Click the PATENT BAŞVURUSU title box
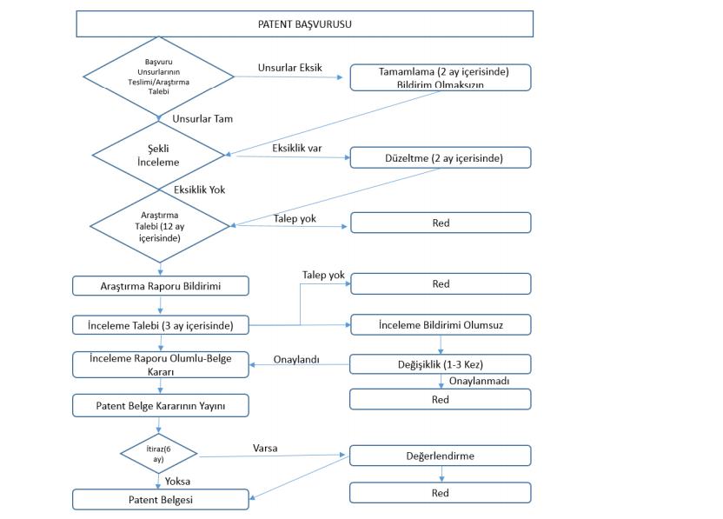tap(304, 24)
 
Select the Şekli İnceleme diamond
tap(158, 156)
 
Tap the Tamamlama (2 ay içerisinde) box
tap(441, 77)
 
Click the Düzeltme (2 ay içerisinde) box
tap(441, 157)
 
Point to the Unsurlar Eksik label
tap(290, 67)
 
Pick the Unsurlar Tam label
tap(202, 118)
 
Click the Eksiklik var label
tap(297, 148)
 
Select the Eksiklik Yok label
tap(199, 190)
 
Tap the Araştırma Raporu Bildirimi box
tap(161, 286)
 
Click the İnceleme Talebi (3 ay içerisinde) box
tap(161, 325)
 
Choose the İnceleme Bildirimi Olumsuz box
tap(441, 325)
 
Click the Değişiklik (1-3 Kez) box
tap(441, 364)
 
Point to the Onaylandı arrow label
tap(296, 359)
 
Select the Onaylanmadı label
tap(479, 381)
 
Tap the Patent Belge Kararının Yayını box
tap(161, 406)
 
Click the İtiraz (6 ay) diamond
tap(159, 454)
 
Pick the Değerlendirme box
tap(441, 456)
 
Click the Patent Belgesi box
tap(161, 500)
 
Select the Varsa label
tap(265, 448)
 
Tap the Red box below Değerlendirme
tap(441, 493)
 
